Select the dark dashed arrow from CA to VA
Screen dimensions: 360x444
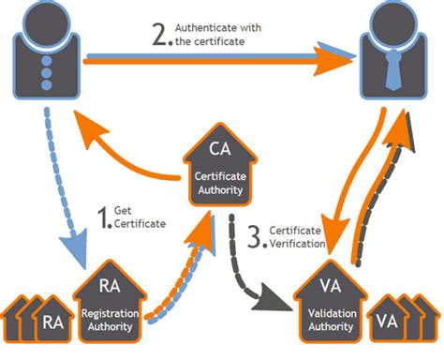248,272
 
